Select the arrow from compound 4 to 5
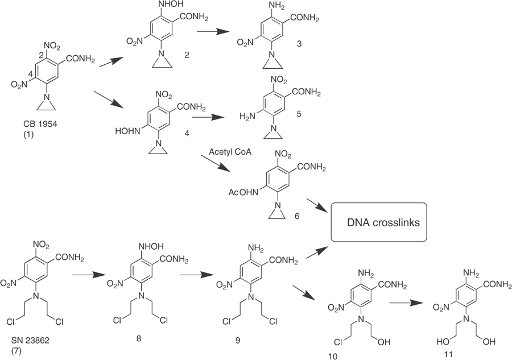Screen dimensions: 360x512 pyautogui.click(x=208, y=118)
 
